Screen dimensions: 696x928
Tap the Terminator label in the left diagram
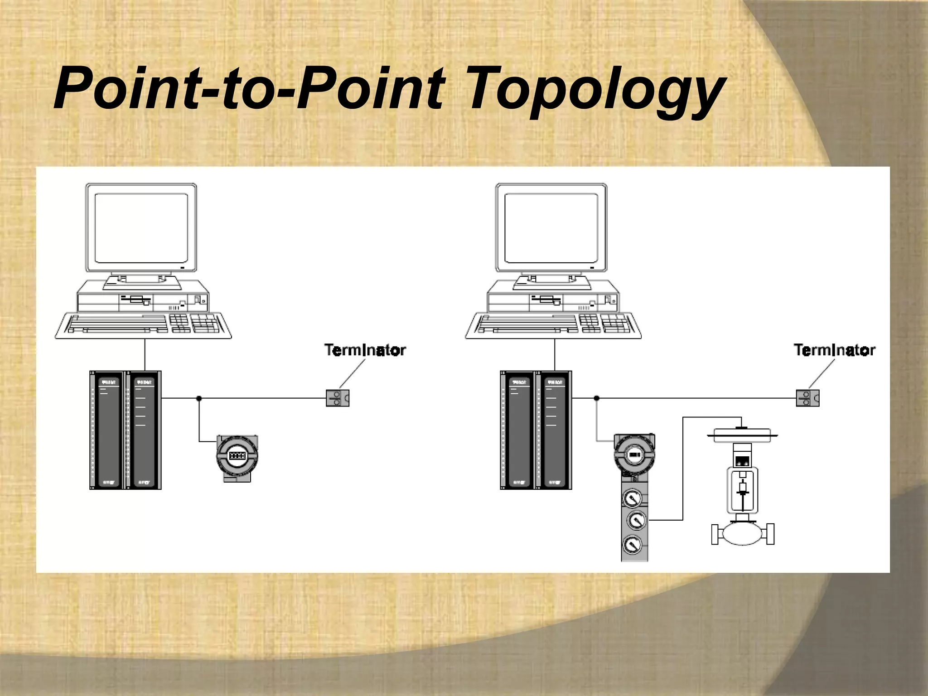(x=365, y=350)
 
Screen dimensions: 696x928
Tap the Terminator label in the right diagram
(x=834, y=350)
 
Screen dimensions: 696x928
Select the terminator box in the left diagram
(x=338, y=398)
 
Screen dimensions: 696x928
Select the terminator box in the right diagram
(x=807, y=398)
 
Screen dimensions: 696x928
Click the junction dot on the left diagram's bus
(x=199, y=398)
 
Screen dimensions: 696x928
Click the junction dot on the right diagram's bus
(x=596, y=398)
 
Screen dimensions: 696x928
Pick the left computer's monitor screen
(x=141, y=228)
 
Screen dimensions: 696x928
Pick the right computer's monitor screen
(x=551, y=228)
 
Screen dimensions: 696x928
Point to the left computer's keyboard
(x=143, y=325)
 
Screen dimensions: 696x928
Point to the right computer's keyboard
(x=553, y=325)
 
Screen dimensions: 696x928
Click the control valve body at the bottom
(x=743, y=534)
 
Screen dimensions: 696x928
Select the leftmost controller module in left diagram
(x=107, y=430)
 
